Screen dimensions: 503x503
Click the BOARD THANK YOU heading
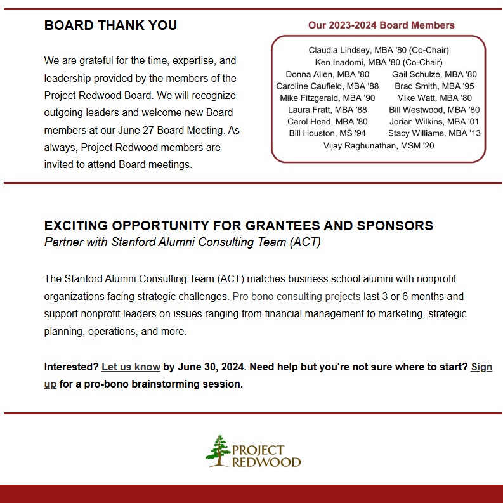[110, 26]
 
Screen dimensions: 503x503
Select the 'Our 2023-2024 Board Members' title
[381, 25]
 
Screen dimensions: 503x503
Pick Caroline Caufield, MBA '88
[327, 86]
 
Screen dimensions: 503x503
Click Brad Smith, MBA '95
[434, 86]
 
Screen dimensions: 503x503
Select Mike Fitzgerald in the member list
[327, 98]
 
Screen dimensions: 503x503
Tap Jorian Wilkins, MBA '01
[434, 121]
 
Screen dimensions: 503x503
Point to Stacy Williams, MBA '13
[434, 133]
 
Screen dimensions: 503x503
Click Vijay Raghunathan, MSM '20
[378, 145]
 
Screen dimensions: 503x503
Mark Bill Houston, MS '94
[327, 133]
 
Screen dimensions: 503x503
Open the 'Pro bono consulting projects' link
[296, 296]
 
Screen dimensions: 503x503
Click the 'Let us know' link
[131, 367]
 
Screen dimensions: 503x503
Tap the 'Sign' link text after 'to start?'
[481, 367]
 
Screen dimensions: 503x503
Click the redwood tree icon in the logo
[218, 450]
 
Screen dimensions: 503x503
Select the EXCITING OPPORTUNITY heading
[238, 226]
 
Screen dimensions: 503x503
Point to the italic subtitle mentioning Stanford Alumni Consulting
[182, 242]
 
